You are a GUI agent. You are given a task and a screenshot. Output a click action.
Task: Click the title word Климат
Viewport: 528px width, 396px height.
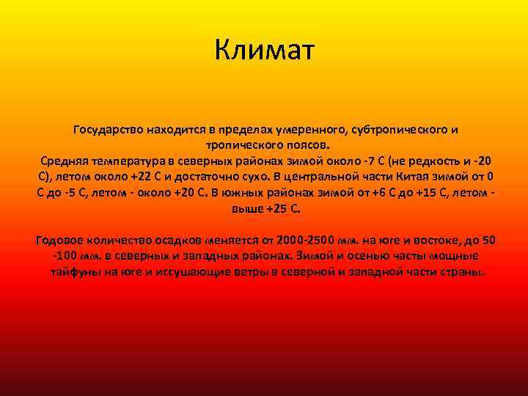coord(265,50)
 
